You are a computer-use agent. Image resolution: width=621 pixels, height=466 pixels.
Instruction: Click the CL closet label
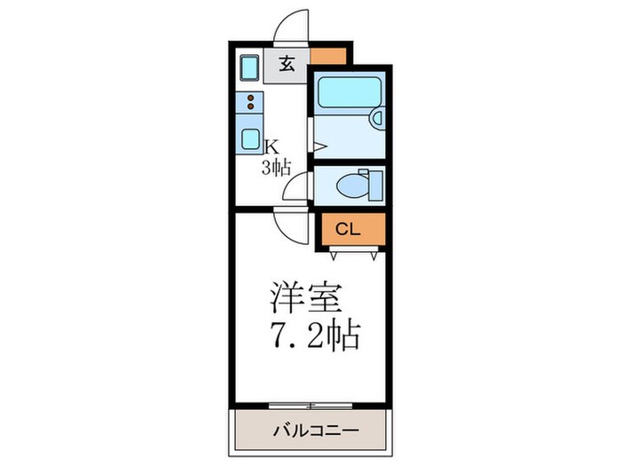tap(348, 229)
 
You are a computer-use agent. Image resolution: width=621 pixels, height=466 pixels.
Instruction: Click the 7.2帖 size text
tap(315, 336)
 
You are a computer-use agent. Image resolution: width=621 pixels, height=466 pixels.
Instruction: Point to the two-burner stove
tap(250, 103)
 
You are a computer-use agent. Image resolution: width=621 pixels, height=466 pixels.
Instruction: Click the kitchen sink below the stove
tap(249, 140)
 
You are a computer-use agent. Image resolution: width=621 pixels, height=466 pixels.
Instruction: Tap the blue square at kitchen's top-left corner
tap(249, 67)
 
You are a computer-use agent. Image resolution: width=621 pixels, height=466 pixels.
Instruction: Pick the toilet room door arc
tap(296, 188)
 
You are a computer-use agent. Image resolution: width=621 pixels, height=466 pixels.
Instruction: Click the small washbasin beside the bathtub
tap(375, 116)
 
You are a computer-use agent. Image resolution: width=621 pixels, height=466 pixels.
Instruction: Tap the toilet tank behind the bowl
tap(374, 184)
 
